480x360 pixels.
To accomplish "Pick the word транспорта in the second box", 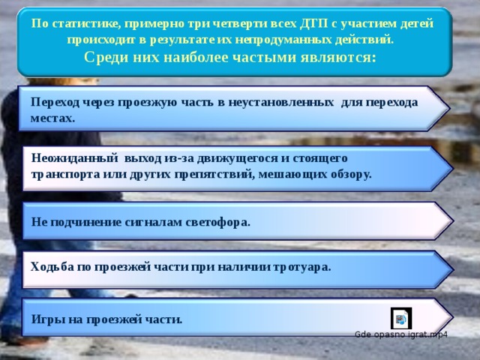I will point(63,173).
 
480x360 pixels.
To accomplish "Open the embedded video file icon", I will point(400,318).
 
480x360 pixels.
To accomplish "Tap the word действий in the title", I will point(364,38).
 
